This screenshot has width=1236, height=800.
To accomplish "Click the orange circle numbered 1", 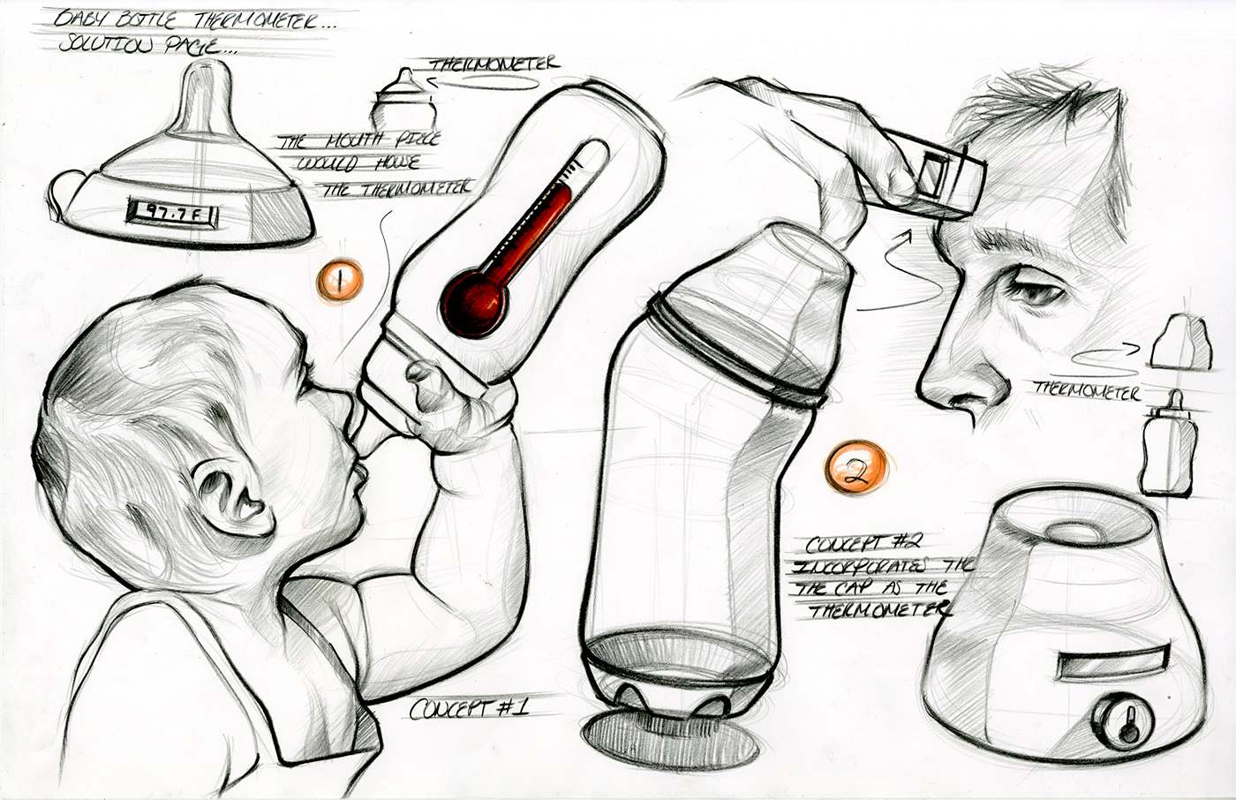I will [339, 281].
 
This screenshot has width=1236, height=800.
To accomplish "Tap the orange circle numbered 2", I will [855, 469].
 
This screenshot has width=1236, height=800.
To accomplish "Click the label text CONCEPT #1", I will [468, 707].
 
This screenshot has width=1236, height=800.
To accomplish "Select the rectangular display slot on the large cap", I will [1105, 658].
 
